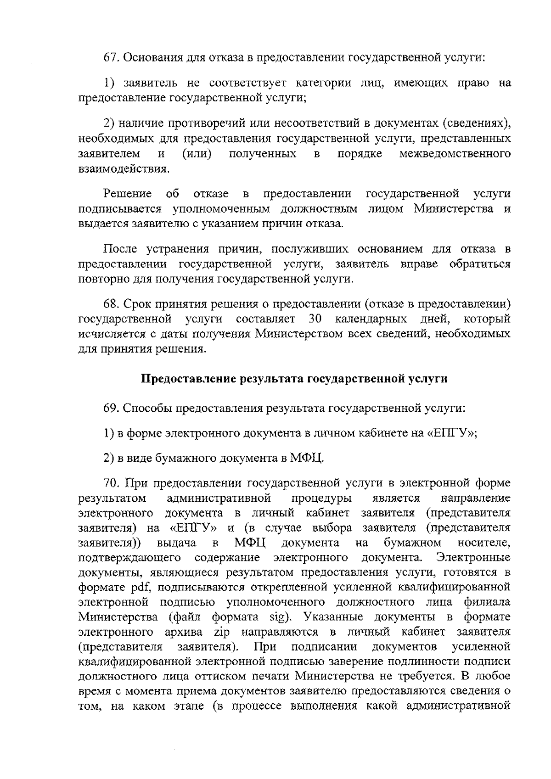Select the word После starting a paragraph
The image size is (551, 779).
pos(120,249)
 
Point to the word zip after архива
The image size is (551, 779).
pos(222,632)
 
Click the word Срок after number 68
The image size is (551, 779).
pos(139,304)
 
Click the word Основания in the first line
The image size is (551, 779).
pos(154,58)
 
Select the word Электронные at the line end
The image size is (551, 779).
pos(473,557)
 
